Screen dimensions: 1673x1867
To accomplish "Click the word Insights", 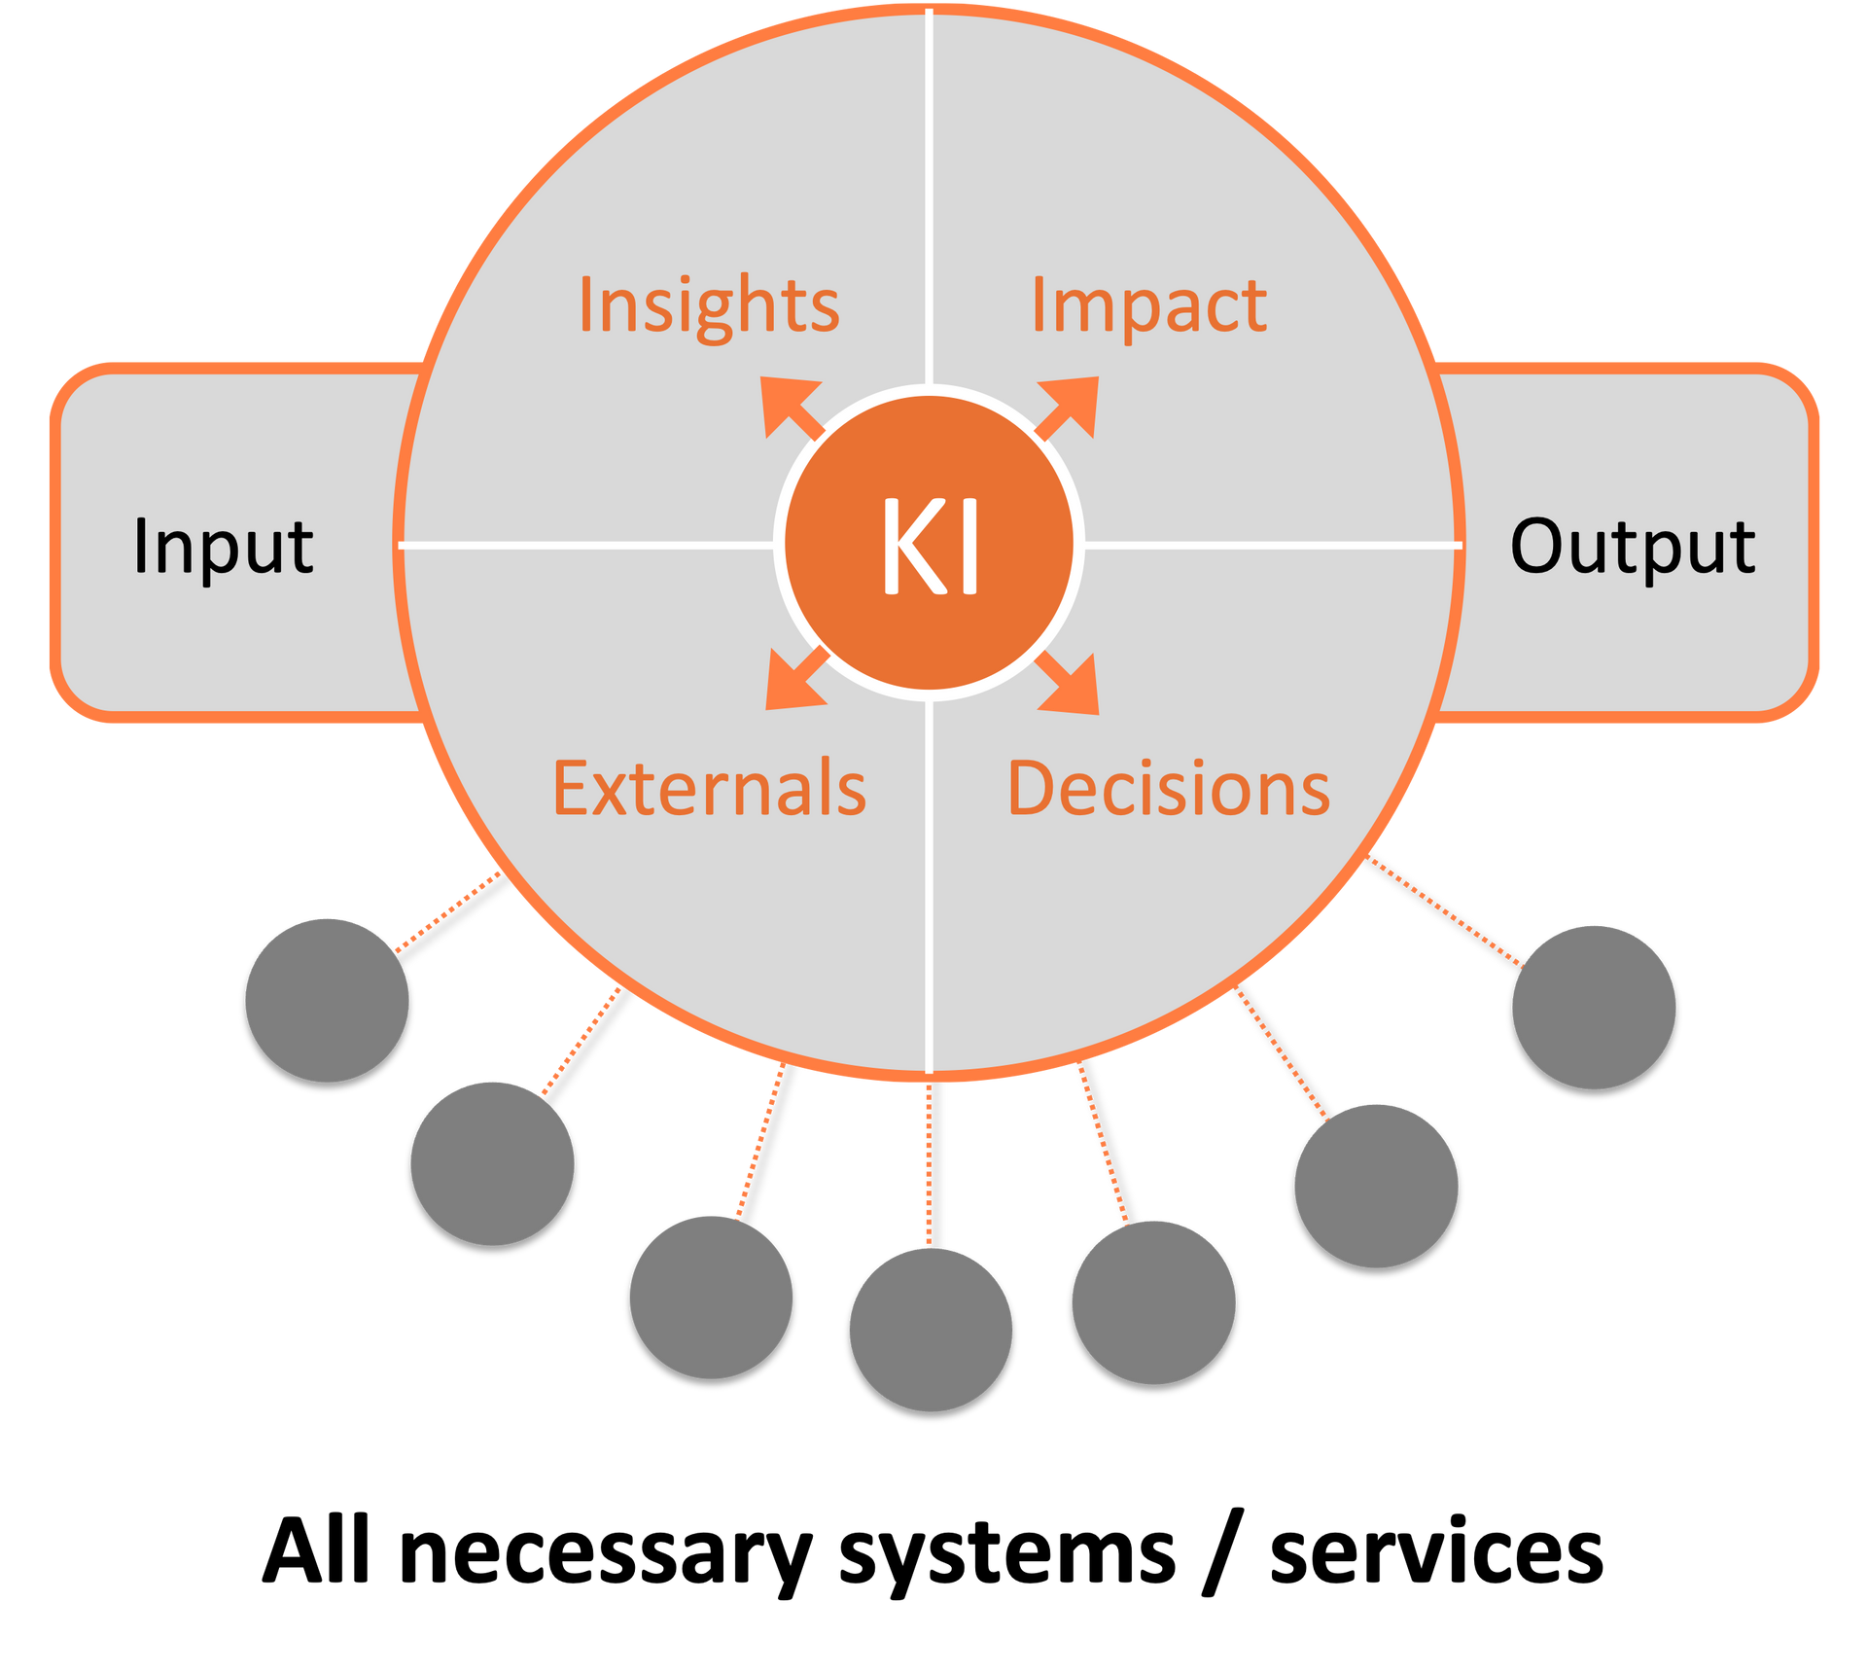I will coord(709,304).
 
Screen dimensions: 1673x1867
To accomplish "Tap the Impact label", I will coord(1148,304).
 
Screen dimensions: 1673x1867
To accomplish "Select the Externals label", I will coord(709,789).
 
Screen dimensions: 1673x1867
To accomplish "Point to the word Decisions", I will coord(1168,789).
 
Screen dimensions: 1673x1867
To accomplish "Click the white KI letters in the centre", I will coord(930,546).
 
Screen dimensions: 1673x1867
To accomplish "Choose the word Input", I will coord(223,546).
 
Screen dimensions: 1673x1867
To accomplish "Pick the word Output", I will coord(1633,546).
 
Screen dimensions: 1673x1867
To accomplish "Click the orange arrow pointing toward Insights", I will coord(789,406).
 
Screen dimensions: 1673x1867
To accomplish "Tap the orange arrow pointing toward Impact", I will coord(1070,406).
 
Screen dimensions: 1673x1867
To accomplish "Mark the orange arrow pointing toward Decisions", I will coord(1070,685).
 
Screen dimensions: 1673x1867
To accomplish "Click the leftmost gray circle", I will coord(327,999).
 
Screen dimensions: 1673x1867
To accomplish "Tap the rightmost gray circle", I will coord(1594,1006).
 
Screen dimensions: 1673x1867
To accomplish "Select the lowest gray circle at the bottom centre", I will coord(931,1329).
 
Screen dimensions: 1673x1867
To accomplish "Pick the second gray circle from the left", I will coord(492,1162).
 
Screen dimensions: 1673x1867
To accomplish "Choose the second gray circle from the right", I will coord(1376,1185).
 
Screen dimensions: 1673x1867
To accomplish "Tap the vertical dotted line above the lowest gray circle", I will coord(928,1163).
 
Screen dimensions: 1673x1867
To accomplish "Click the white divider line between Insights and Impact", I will coord(930,195).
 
